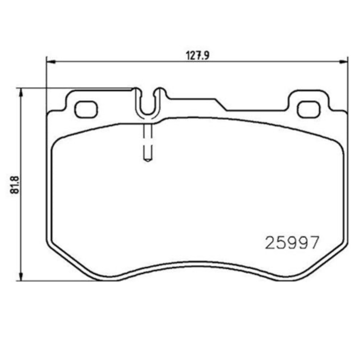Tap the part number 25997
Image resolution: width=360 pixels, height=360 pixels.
pyautogui.click(x=292, y=242)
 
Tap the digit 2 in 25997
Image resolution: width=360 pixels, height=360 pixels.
pyautogui.click(x=271, y=242)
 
